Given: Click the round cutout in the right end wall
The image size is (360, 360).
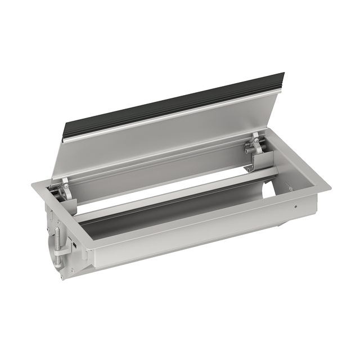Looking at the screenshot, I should click(x=269, y=188).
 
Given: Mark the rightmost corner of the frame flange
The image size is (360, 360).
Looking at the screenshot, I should click(x=330, y=185).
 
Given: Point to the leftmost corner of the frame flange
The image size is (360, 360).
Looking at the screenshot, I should click(x=32, y=183).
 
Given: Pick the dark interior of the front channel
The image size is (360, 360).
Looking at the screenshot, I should click(x=169, y=217).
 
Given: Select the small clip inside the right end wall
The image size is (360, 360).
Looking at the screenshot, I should click(x=289, y=189).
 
